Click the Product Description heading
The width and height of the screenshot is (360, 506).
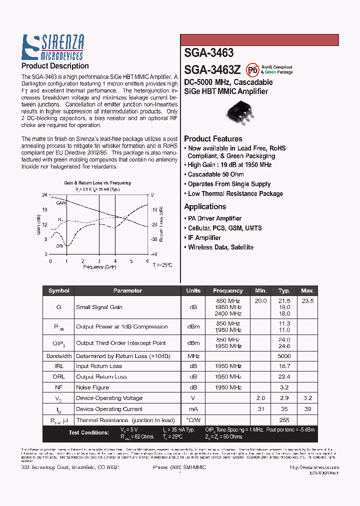55,66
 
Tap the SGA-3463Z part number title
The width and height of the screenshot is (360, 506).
213,69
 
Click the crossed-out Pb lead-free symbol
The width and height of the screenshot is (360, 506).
253,69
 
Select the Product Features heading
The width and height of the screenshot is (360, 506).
213,139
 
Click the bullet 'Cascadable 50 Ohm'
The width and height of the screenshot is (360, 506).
215,174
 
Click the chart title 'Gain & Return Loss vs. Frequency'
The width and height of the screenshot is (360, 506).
97,183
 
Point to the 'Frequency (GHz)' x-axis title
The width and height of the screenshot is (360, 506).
100,267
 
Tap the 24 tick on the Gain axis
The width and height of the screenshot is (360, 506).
44,195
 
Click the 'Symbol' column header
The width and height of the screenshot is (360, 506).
59,290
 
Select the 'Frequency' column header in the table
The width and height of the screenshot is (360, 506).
227,290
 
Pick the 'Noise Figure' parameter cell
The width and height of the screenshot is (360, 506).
92,387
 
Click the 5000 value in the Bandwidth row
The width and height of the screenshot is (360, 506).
284,356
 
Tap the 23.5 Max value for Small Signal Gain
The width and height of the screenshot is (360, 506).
307,301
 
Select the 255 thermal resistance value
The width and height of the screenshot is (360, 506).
284,421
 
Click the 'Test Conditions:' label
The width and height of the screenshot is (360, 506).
88,432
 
